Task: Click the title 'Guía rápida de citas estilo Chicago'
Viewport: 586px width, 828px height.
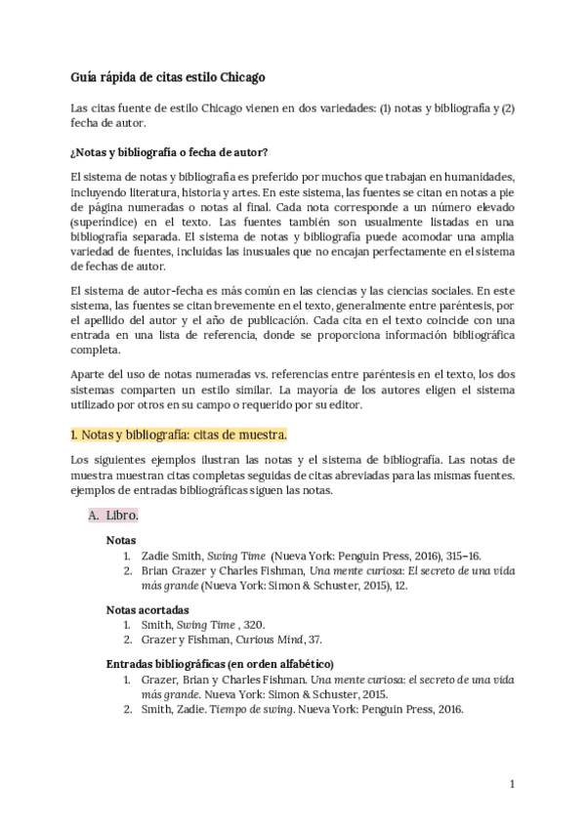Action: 168,76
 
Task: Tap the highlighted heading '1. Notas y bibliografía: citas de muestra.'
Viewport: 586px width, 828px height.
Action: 179,433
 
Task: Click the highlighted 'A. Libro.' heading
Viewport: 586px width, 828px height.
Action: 113,514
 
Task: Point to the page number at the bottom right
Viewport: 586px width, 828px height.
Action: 512,783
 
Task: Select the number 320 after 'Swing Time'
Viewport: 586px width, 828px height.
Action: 252,623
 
